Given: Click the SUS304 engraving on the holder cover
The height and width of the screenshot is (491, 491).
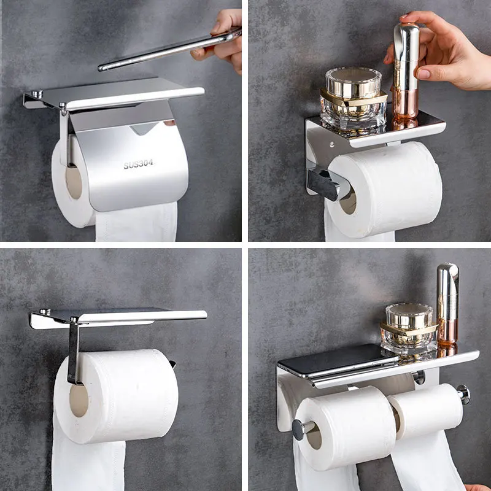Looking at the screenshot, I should [138, 164].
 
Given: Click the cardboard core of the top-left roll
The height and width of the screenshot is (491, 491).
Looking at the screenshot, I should [74, 183].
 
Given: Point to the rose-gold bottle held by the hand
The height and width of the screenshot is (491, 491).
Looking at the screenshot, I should [406, 74].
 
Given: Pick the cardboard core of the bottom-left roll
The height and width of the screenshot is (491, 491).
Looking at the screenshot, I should [79, 400].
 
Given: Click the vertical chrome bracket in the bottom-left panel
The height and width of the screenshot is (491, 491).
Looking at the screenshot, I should [74, 353].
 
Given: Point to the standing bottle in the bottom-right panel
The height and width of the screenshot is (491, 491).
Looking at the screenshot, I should [447, 304].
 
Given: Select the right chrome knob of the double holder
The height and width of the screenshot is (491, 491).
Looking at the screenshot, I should [463, 393].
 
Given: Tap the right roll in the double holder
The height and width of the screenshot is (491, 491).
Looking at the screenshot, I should [427, 411].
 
